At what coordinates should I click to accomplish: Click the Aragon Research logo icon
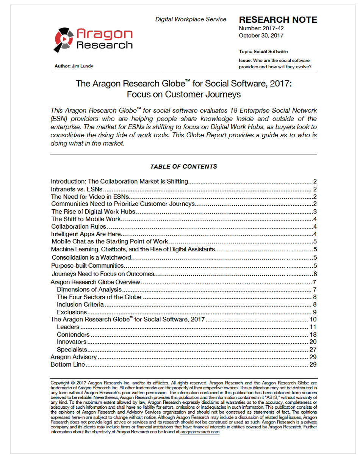point(64,38)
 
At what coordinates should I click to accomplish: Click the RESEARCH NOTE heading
point(278,20)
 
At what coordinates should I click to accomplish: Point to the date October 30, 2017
point(261,36)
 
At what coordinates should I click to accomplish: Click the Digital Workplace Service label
point(191,19)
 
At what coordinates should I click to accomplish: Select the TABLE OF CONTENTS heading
point(183,166)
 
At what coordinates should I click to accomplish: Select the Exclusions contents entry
point(72,312)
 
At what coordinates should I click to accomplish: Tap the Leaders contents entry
point(68,327)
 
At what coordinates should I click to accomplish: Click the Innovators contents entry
point(72,342)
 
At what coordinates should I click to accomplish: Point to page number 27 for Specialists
point(313,350)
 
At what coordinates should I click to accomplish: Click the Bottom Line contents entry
point(67,365)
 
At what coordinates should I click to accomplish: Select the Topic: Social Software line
point(263,51)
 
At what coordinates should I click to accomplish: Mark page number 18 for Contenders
point(313,334)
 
